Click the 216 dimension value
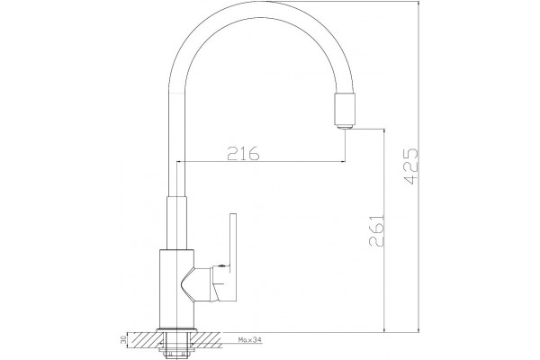coord(243,154)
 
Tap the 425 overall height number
coord(412,166)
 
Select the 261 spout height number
coord(376,230)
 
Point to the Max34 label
coord(250,340)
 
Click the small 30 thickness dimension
coord(123,341)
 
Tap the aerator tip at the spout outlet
coord(344,127)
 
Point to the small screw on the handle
coord(221,265)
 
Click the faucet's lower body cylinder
coord(176,290)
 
